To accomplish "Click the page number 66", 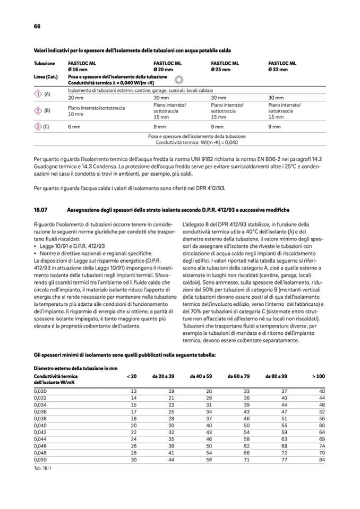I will (x=37, y=26).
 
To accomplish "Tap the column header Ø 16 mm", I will (x=78, y=70).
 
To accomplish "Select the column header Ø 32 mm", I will (x=278, y=70).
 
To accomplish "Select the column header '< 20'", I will (x=132, y=376).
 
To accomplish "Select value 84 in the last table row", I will (x=321, y=459).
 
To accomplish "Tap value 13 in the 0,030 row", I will (x=134, y=391).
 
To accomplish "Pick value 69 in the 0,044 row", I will (x=321, y=439).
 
